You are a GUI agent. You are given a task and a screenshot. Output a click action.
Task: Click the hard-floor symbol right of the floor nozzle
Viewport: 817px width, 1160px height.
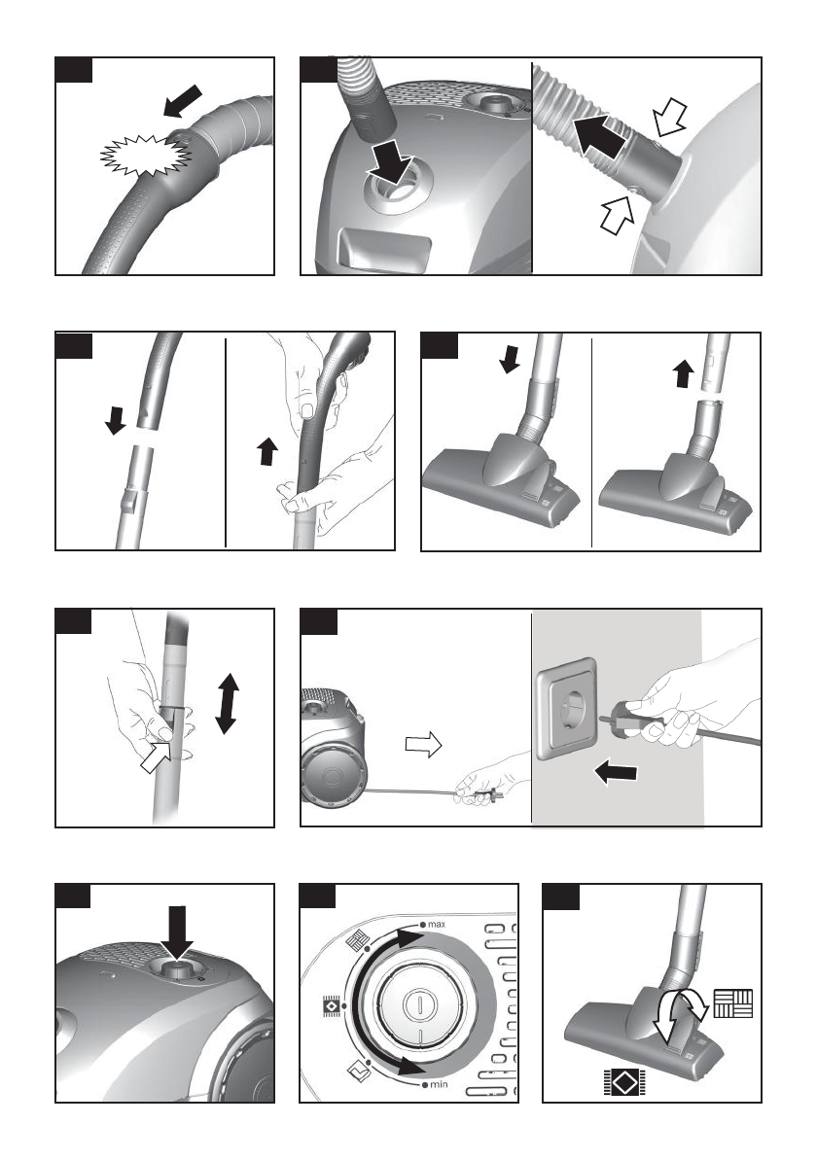(732, 1004)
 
